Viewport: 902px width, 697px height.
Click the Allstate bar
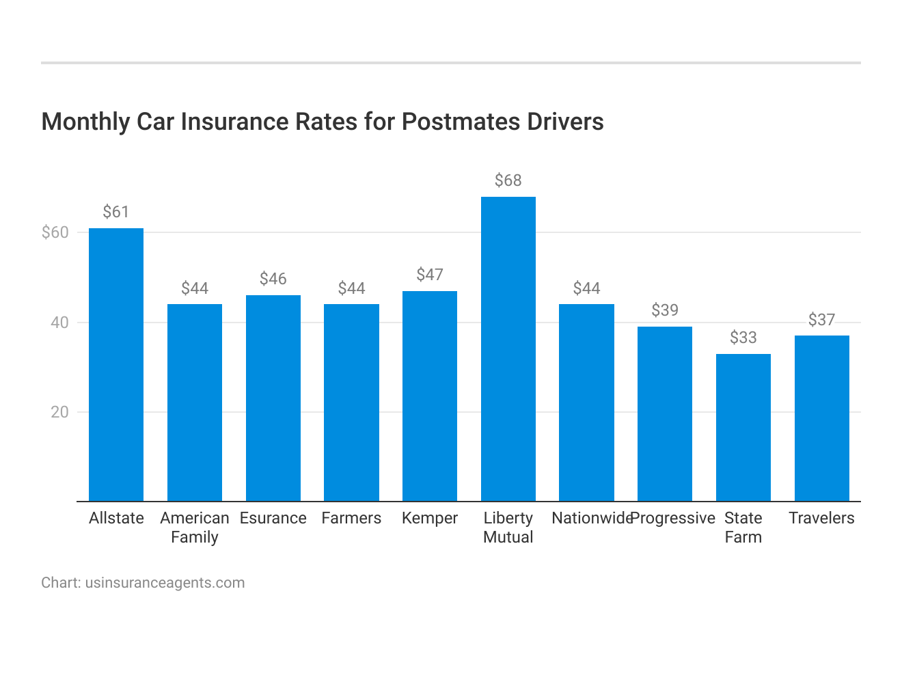[116, 365]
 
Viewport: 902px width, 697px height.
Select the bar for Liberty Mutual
[508, 349]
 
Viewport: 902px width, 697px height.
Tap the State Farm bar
[743, 428]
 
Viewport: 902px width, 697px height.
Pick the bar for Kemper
[430, 396]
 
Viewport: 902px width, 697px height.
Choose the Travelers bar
[821, 418]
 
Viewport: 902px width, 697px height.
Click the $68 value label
[508, 180]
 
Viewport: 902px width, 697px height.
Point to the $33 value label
[743, 338]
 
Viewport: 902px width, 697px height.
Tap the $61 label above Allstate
[116, 212]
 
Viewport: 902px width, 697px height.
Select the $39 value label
[665, 310]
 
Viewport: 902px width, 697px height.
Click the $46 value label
[273, 279]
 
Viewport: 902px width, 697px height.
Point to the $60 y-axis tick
[55, 232]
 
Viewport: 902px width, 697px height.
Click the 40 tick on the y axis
[60, 323]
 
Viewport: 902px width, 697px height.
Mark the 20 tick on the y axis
[60, 412]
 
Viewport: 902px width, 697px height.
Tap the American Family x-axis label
[195, 528]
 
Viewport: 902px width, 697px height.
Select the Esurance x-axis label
[273, 518]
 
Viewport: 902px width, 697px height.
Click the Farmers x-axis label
[351, 518]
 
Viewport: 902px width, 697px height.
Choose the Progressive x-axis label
[673, 518]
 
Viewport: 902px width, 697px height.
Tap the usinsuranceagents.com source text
[165, 583]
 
